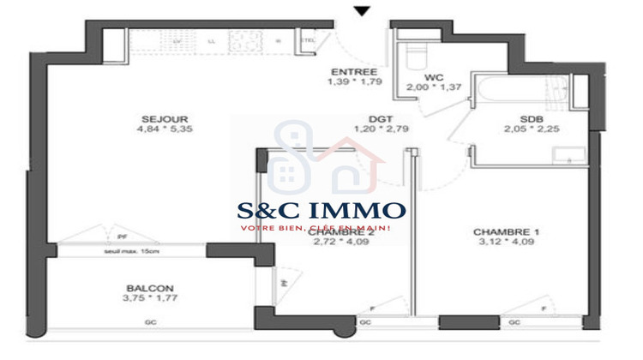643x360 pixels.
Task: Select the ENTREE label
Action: [x=352, y=71]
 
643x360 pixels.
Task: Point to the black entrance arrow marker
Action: [x=362, y=10]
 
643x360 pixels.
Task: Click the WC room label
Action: [x=434, y=76]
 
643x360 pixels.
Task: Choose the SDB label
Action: [x=531, y=119]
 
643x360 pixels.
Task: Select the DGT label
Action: [x=380, y=119]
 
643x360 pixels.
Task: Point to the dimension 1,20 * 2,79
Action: [x=380, y=131]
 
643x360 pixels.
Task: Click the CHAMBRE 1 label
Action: [x=506, y=231]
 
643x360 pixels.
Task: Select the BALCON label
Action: [x=150, y=288]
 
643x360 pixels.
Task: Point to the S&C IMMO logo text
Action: [x=321, y=210]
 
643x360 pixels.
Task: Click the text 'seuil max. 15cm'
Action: [x=131, y=250]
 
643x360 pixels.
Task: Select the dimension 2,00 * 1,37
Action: [x=434, y=87]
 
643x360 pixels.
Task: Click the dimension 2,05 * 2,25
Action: [x=531, y=131]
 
